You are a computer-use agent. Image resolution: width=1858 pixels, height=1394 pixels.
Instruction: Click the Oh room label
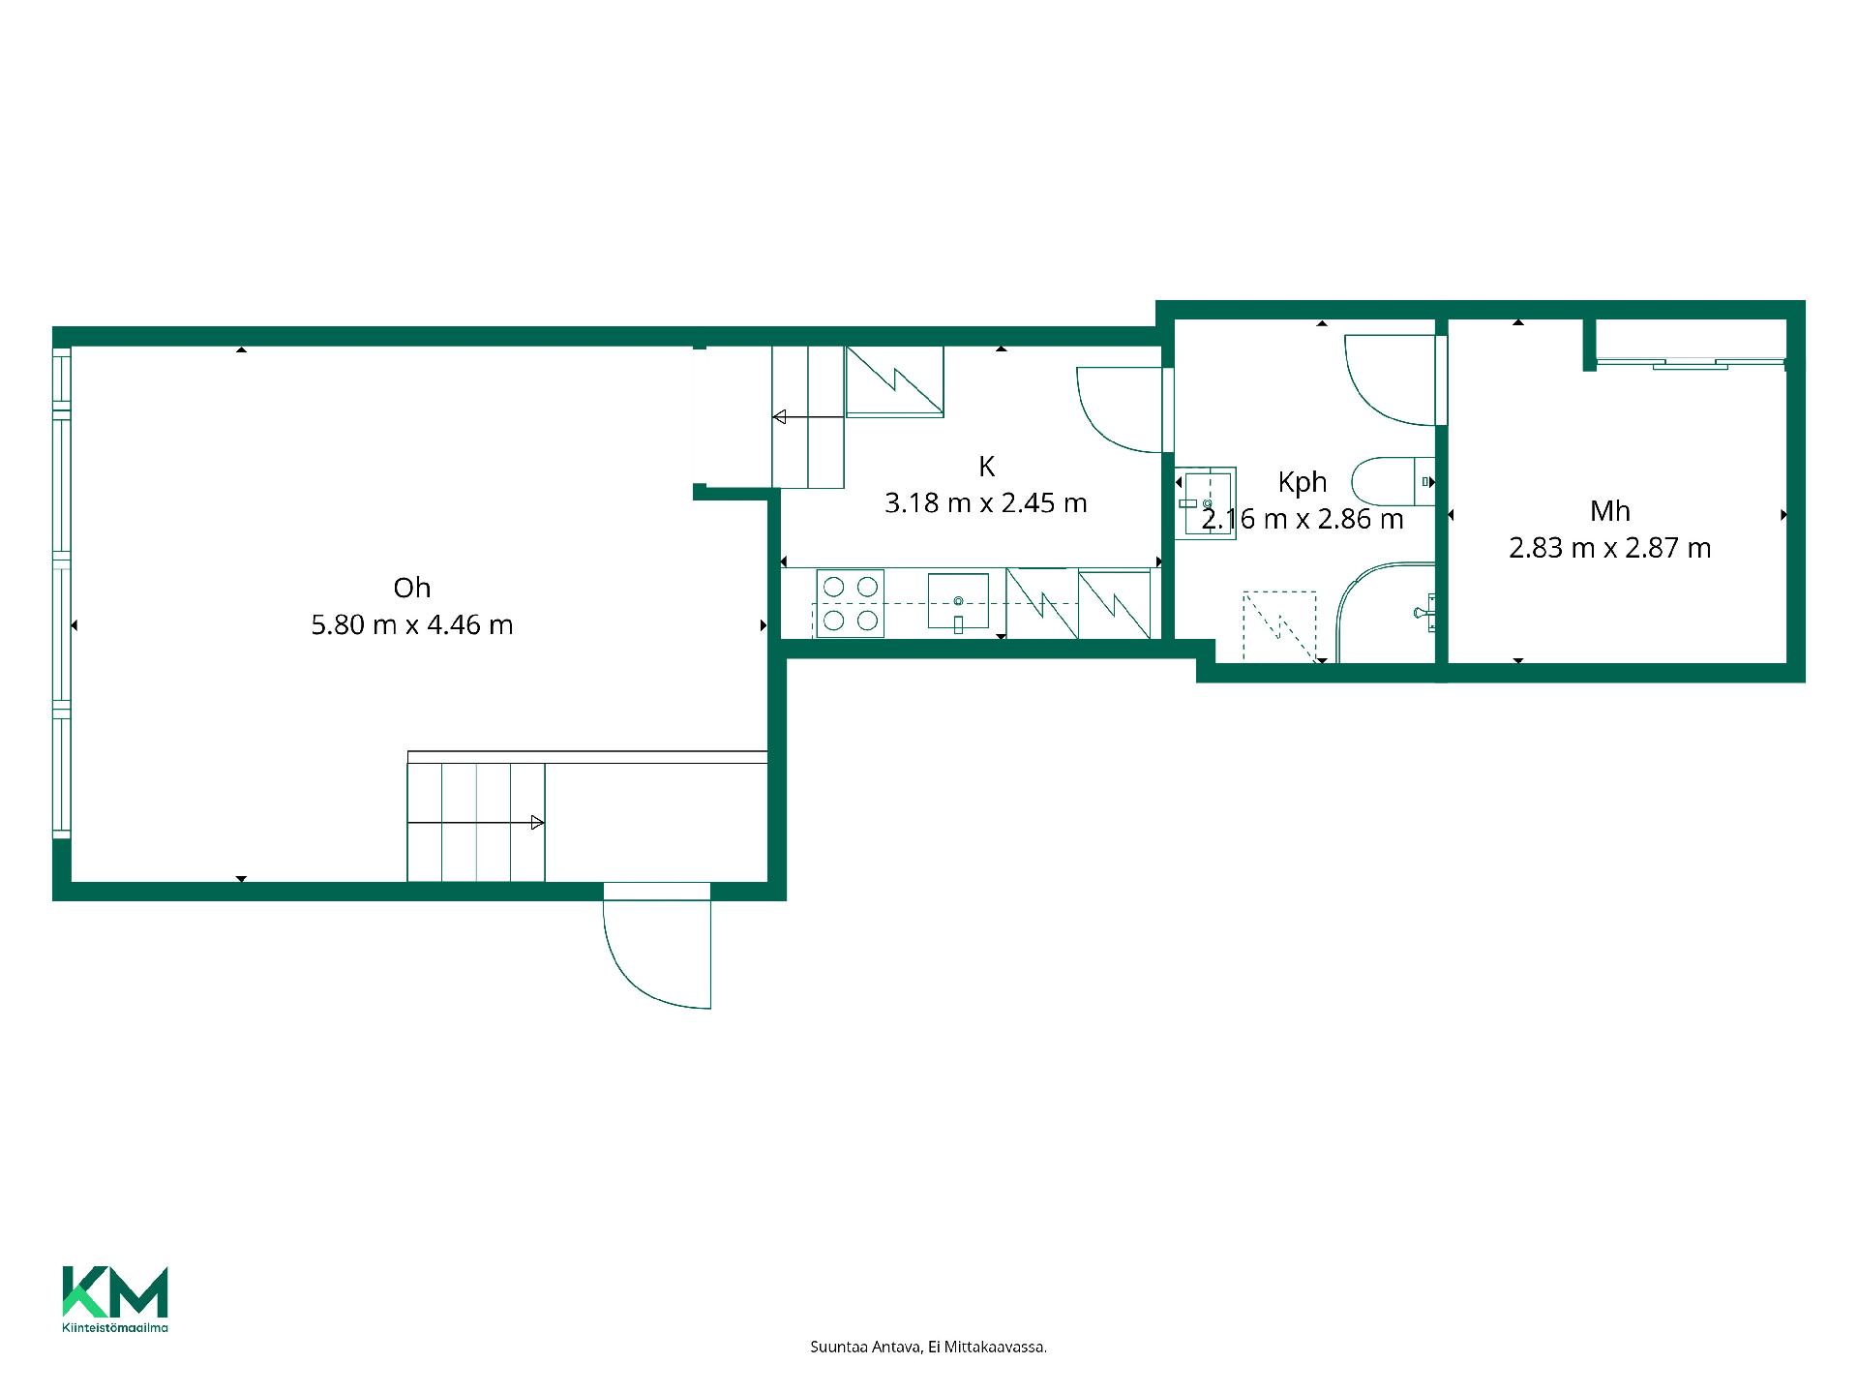411,588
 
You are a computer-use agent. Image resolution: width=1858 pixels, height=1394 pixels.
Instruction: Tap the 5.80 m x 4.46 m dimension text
411,625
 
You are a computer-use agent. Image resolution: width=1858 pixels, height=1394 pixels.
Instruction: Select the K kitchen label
986,467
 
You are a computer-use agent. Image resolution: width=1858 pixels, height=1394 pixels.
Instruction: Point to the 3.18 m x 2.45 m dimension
985,503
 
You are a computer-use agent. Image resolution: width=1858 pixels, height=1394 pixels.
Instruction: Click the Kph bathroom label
1302,482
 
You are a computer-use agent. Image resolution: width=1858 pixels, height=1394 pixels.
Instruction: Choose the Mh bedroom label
1609,510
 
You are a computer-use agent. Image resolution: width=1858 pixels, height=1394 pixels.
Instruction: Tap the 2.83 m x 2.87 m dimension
1609,548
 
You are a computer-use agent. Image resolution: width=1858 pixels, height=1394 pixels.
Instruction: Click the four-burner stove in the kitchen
850,603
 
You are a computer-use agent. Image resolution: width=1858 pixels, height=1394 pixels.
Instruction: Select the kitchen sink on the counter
958,602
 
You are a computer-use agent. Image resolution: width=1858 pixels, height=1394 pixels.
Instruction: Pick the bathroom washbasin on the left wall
1205,503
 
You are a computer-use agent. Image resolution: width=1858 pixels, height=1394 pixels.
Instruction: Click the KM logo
115,1291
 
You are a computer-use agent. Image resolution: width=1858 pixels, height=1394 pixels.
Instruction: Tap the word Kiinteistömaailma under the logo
115,1327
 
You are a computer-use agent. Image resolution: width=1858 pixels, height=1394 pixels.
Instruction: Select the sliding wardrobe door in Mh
1690,363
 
